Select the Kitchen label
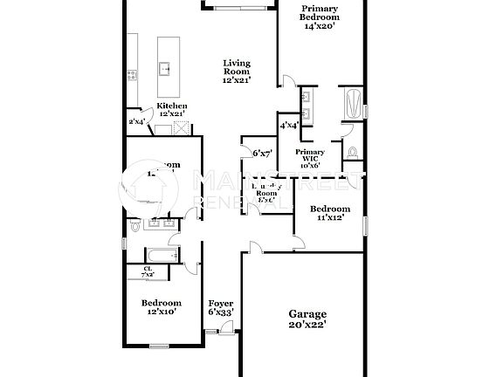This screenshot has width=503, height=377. click(x=171, y=106)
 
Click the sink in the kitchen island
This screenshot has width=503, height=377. click(x=164, y=68)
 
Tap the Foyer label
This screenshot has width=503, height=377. click(x=220, y=303)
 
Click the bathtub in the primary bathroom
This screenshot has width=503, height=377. click(x=353, y=106)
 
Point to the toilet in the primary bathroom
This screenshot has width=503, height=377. click(x=353, y=153)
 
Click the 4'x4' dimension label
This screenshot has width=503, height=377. click(x=289, y=126)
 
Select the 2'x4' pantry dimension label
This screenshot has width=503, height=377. click(x=136, y=122)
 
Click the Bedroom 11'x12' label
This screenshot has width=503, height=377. click(x=330, y=209)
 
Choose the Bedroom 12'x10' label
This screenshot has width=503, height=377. click(x=161, y=303)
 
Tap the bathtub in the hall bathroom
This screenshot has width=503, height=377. click(x=161, y=254)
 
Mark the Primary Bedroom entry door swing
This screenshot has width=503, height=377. click(x=286, y=81)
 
